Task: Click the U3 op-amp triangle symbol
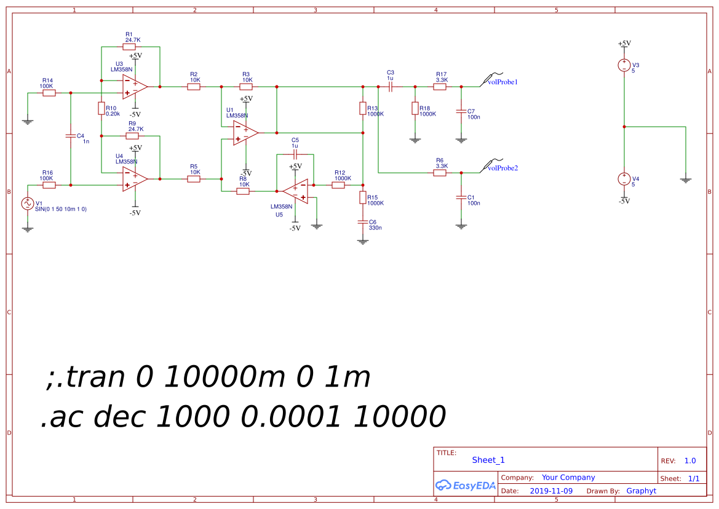pos(134,87)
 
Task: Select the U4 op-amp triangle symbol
pos(134,179)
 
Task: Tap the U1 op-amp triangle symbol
pos(245,133)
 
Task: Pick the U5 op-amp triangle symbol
pos(296,191)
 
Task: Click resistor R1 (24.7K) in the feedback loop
pos(129,47)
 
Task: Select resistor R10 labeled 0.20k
pos(101,109)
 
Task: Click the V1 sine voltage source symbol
pos(28,203)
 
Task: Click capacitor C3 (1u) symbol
pos(391,87)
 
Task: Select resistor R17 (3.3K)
pos(439,87)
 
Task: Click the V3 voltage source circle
pos(624,65)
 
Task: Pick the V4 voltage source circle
pos(624,179)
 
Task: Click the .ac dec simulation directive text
pos(243,417)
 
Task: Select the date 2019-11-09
pos(551,491)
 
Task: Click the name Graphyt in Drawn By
pos(641,491)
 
